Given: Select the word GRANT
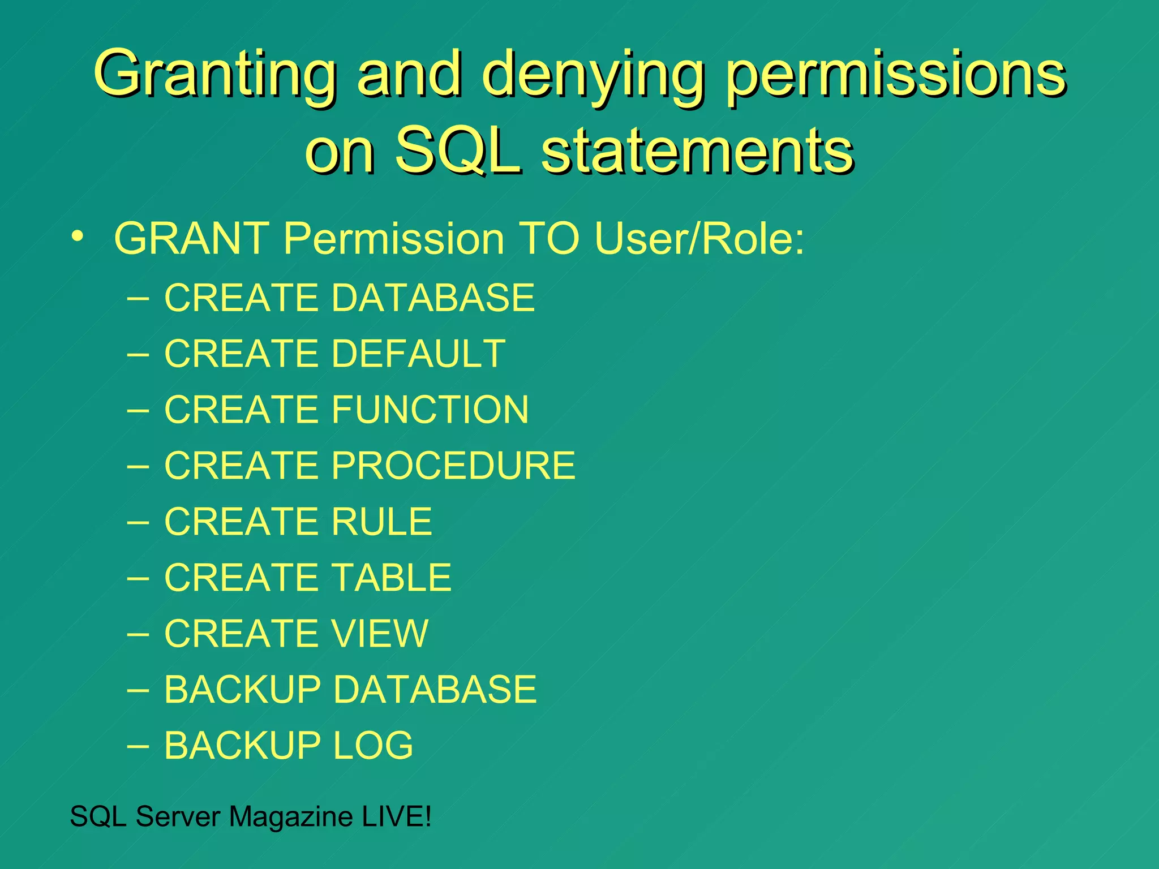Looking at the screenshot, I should coord(191,238).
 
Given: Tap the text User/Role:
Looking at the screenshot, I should coord(699,238).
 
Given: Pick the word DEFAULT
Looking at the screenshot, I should coord(418,354).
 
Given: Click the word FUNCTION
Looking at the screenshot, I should coord(430,409).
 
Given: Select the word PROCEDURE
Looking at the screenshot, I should coord(453,465).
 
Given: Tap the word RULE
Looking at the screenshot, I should coord(382,521).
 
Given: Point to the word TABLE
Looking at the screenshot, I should coord(392,577).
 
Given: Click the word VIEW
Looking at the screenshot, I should coord(380,633).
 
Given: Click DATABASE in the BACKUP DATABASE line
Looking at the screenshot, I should coord(435,689).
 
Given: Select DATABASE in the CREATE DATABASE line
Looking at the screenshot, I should coord(433,298).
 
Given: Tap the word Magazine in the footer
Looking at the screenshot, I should coord(291,816).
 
